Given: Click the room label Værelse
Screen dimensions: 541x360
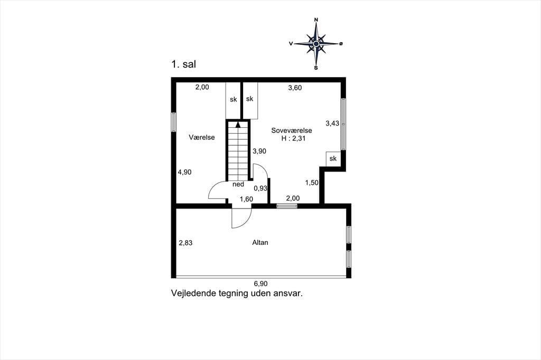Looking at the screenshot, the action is click(x=201, y=137).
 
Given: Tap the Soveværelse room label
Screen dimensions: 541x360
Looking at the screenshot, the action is click(x=292, y=130).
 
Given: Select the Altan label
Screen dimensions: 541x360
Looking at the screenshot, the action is click(x=260, y=242).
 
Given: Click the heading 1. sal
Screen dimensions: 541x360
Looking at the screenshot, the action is click(x=183, y=64).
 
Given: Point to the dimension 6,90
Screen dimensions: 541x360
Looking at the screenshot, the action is click(x=261, y=284).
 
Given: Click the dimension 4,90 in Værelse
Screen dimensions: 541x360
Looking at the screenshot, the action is click(x=184, y=172).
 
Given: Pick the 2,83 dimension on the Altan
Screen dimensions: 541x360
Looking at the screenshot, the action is click(x=185, y=243).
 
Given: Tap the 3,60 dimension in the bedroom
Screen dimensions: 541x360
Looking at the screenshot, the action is click(x=295, y=88).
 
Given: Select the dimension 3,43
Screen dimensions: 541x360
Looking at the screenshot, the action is click(x=332, y=123).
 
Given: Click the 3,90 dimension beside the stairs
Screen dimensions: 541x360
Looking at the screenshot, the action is click(x=259, y=151).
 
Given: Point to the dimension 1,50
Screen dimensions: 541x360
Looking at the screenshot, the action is click(x=312, y=183).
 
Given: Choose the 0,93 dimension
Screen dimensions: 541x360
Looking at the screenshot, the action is click(x=260, y=188).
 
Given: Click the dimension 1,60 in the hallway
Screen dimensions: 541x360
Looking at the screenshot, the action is click(x=246, y=199).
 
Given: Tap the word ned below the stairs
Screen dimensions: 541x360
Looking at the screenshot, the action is click(x=238, y=184).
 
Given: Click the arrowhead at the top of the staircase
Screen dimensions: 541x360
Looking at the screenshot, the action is click(x=238, y=125).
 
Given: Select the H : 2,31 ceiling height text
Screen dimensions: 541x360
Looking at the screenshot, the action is click(x=293, y=139).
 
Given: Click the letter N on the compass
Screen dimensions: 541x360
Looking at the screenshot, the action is click(x=316, y=20).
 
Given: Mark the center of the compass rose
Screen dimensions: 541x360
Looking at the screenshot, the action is click(x=316, y=44).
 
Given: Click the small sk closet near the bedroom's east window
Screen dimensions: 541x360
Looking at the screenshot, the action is click(x=333, y=158).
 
